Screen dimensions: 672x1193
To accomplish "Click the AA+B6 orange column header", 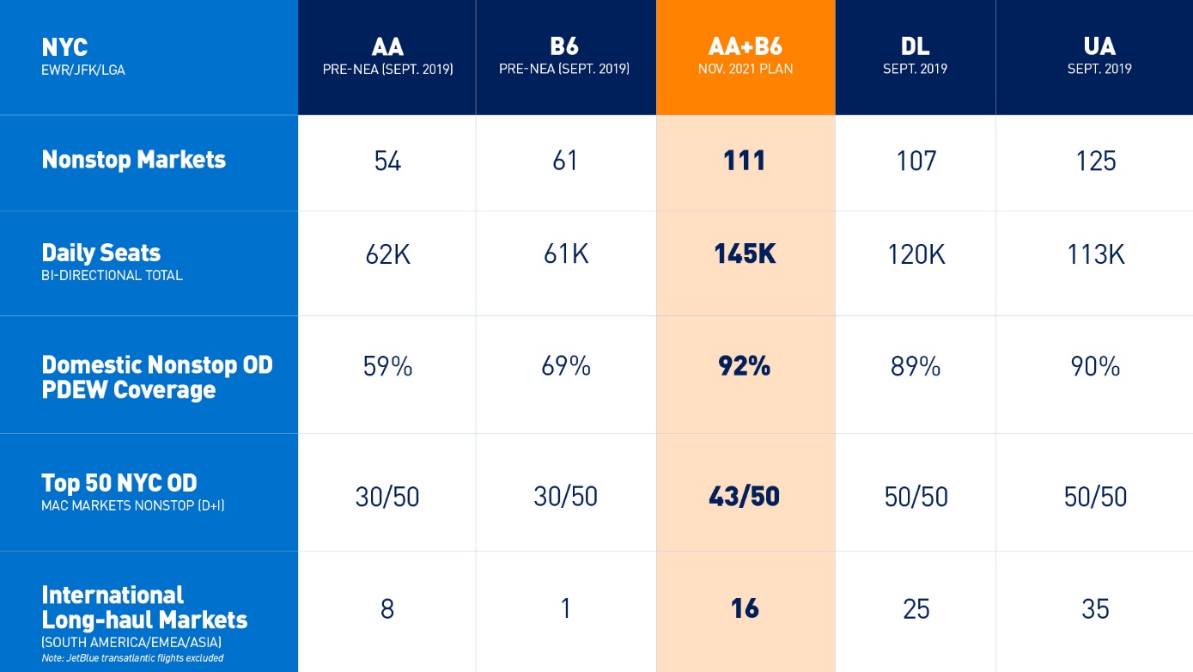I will (x=745, y=56).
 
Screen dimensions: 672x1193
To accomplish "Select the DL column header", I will (x=915, y=56).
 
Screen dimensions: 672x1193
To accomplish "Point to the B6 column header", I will (x=564, y=56).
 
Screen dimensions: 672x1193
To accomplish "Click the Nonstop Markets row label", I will (x=134, y=160).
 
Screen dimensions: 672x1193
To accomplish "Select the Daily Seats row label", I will (x=101, y=253).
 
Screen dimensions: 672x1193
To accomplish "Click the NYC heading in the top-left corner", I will (x=64, y=47).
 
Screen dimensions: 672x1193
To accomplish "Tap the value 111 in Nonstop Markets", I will (x=745, y=161).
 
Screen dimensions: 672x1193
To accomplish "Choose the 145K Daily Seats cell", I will (x=745, y=254).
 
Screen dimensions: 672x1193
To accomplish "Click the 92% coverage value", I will (x=745, y=367).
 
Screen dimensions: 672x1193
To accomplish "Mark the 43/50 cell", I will (x=745, y=497).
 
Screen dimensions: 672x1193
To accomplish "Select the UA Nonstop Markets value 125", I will (x=1096, y=161).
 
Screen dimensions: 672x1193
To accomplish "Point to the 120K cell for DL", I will (x=916, y=254).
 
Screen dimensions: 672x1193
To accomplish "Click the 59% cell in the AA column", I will (x=387, y=367).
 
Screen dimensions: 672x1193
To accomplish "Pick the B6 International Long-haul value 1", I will (x=565, y=608).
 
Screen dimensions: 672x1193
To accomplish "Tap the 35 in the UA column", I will (x=1096, y=608).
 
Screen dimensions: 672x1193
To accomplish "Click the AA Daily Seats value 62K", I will (x=387, y=254).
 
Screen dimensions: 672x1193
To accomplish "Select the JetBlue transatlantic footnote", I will (x=132, y=658).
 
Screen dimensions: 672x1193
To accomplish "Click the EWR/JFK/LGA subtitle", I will (x=83, y=70).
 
